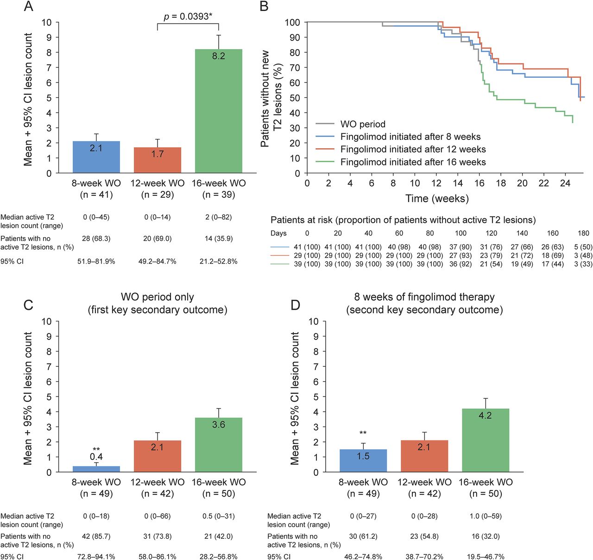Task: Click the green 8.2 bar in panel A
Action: point(218,111)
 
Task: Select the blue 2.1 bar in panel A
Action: point(96,157)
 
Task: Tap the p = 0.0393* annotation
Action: point(188,17)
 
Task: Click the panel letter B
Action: point(264,6)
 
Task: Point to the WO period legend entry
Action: point(363,124)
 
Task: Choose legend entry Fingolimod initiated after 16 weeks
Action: point(413,162)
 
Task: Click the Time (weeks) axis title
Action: point(437,199)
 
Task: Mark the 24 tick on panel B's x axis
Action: point(565,183)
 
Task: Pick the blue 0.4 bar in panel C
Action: point(96,469)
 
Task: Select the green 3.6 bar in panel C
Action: point(218,445)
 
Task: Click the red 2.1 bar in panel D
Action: point(424,456)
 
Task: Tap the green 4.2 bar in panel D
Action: point(485,440)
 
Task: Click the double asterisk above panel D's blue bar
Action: point(363,434)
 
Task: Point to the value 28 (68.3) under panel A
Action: point(96,239)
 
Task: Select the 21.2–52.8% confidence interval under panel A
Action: point(218,261)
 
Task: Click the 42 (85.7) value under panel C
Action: point(96,536)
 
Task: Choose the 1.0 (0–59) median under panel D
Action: point(485,516)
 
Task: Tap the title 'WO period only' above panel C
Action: point(158,297)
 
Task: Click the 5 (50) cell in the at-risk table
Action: point(583,247)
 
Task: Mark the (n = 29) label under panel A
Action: point(158,195)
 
